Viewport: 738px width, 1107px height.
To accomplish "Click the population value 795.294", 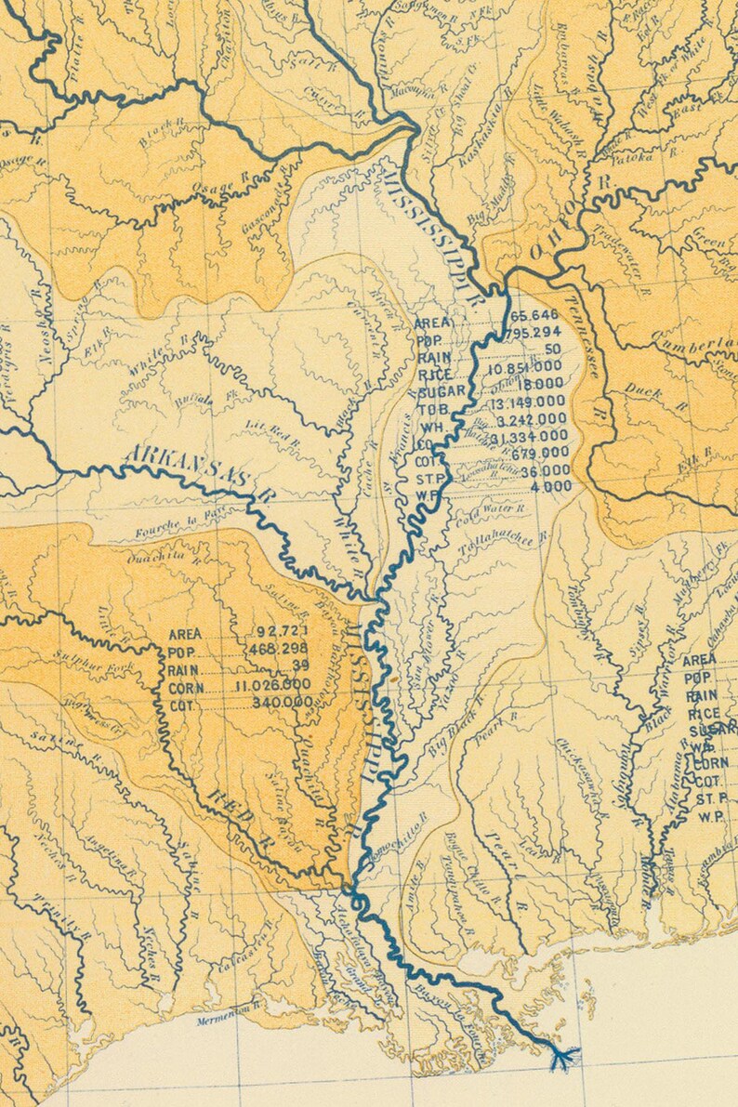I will click(535, 333).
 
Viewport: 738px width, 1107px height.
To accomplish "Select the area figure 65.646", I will click(535, 316).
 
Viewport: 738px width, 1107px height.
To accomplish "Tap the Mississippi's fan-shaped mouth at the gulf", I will click(564, 1057).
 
